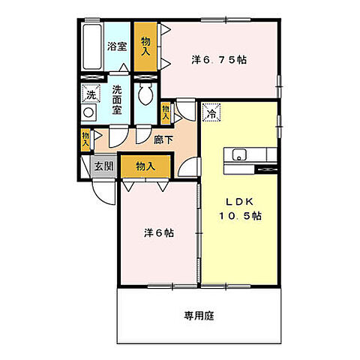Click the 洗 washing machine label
[91, 94]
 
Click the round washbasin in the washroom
[90, 112]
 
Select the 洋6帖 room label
[159, 232]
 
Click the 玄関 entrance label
[103, 166]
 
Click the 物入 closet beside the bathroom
[145, 46]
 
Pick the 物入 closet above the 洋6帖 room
[146, 166]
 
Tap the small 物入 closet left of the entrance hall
[85, 138]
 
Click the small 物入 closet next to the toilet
[166, 112]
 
